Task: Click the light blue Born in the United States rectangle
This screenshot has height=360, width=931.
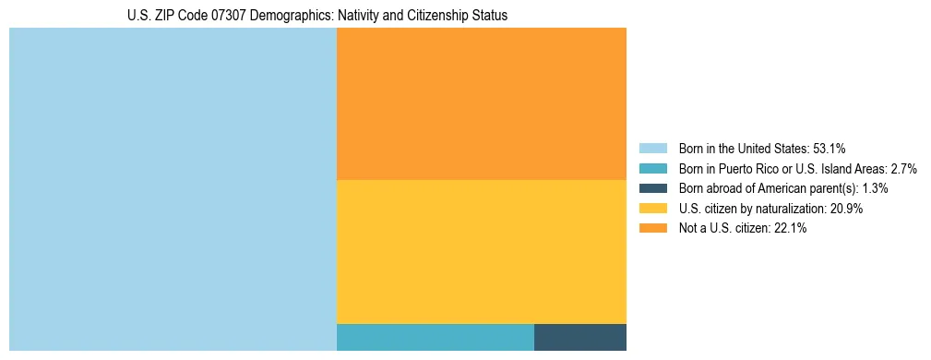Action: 173,189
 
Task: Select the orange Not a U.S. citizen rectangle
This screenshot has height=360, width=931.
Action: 481,103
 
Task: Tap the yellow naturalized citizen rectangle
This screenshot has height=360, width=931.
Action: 481,251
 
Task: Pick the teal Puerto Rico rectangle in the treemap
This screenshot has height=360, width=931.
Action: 435,337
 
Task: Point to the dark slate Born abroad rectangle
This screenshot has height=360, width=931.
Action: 579,337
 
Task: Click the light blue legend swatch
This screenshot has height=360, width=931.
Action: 652,148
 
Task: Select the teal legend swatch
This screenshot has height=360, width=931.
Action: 652,168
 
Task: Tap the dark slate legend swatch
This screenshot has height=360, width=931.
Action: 652,188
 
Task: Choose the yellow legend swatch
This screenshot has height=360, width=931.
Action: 652,209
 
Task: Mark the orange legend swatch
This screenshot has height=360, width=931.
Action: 652,229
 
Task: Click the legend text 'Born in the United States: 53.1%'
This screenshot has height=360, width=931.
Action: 762,148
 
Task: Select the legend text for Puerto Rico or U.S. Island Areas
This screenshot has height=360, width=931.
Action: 797,168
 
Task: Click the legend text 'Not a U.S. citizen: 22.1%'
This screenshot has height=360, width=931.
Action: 743,229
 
